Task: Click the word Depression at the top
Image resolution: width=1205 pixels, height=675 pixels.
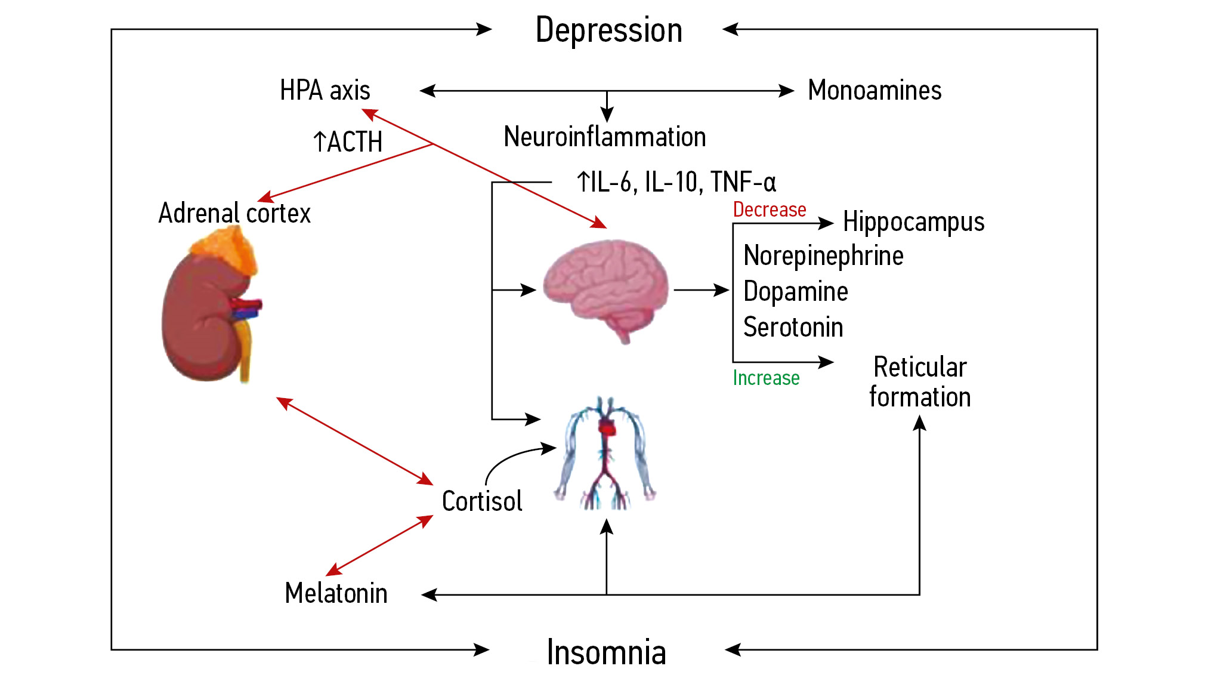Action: pyautogui.click(x=608, y=30)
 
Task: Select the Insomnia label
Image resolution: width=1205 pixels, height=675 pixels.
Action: pyautogui.click(x=606, y=652)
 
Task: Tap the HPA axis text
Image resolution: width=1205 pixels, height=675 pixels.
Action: pyautogui.click(x=325, y=91)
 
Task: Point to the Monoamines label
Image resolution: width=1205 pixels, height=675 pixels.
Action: pyautogui.click(x=875, y=91)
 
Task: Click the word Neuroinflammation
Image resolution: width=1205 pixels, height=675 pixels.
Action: pyautogui.click(x=605, y=137)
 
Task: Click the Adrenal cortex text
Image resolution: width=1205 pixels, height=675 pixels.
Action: pyautogui.click(x=234, y=213)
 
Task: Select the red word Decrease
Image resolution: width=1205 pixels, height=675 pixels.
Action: pyautogui.click(x=770, y=209)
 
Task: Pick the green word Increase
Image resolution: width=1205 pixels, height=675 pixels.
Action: pyautogui.click(x=766, y=378)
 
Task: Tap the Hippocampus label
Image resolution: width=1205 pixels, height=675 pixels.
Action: pyautogui.click(x=913, y=222)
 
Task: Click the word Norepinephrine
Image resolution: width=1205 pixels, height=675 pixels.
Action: pyautogui.click(x=823, y=255)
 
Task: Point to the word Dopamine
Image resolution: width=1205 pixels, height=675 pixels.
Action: pyautogui.click(x=796, y=291)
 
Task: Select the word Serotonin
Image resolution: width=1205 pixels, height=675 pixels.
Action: pyautogui.click(x=793, y=327)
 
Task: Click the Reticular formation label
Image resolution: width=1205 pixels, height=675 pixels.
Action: pyautogui.click(x=920, y=382)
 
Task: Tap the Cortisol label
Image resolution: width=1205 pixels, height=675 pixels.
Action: pyautogui.click(x=482, y=501)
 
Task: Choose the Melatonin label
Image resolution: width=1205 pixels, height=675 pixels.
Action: pyautogui.click(x=336, y=593)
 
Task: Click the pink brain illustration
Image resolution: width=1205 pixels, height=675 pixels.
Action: pyautogui.click(x=605, y=286)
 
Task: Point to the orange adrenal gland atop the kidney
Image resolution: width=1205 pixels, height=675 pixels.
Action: pyautogui.click(x=230, y=251)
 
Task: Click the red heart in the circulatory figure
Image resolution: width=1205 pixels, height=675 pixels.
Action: pyautogui.click(x=608, y=427)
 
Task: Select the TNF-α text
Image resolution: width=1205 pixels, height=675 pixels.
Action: pyautogui.click(x=743, y=182)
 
